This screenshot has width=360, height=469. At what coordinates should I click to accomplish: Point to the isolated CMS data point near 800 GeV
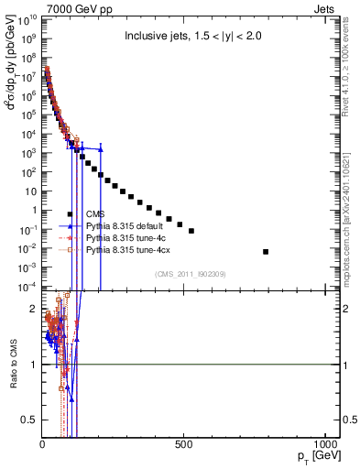tap(266, 251)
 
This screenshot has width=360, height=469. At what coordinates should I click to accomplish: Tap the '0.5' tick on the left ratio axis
tap(30, 420)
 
